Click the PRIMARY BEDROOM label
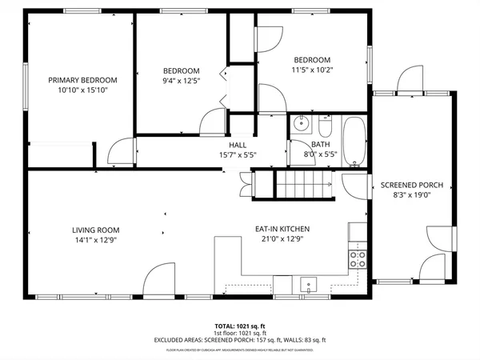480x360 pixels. point(82,80)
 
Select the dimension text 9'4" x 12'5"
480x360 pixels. point(182,80)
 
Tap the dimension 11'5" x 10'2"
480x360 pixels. point(311,70)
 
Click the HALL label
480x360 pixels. point(238,144)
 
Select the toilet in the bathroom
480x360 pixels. point(325,128)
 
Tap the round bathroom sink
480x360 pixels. point(301,124)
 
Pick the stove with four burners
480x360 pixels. point(358,258)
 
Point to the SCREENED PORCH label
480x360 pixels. point(411,185)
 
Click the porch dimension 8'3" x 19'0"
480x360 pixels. point(411,195)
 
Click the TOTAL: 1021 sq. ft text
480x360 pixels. point(239,326)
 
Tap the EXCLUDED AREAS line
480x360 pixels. point(239,340)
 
